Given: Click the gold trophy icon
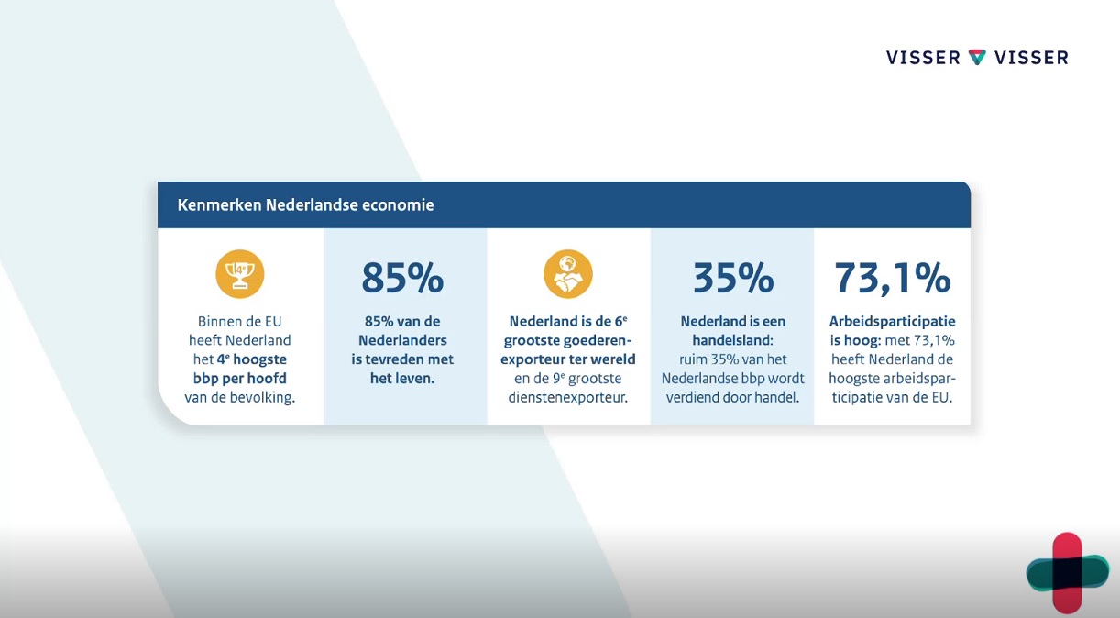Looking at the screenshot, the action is [x=240, y=274].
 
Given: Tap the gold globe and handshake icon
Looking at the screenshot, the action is [x=568, y=274].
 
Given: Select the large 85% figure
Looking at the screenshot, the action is [x=402, y=278].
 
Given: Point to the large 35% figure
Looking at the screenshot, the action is [x=733, y=278].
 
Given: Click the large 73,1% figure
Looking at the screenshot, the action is [x=893, y=278].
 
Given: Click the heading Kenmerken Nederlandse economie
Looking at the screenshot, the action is [x=305, y=205].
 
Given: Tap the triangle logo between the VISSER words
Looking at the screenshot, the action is [x=977, y=57].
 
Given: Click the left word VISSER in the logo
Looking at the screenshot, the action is [x=923, y=58].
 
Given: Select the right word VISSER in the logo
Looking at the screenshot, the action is [x=1031, y=58].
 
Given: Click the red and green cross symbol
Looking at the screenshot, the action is [x=1068, y=573].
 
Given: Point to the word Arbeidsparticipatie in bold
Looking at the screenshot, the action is [x=893, y=321].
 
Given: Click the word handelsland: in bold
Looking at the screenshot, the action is [x=733, y=340].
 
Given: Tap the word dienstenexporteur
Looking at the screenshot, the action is [x=568, y=398].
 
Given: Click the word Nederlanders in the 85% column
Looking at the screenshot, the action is [x=402, y=340].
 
